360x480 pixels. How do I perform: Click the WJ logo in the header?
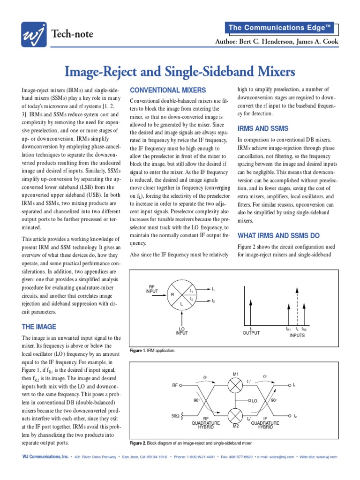[x=34, y=35]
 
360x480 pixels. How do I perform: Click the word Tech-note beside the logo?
[x=72, y=34]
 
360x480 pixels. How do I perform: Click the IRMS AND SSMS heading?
[x=263, y=128]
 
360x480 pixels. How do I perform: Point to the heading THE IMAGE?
[x=39, y=327]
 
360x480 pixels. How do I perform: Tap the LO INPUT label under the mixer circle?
[x=181, y=330]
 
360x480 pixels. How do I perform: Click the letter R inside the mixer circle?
[x=172, y=295]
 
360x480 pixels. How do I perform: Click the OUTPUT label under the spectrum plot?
[x=251, y=333]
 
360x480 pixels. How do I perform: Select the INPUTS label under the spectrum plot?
[x=297, y=335]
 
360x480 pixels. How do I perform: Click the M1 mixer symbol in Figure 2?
[x=236, y=385]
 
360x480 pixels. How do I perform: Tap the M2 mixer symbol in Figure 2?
[x=236, y=416]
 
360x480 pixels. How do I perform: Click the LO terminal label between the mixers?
[x=255, y=401]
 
